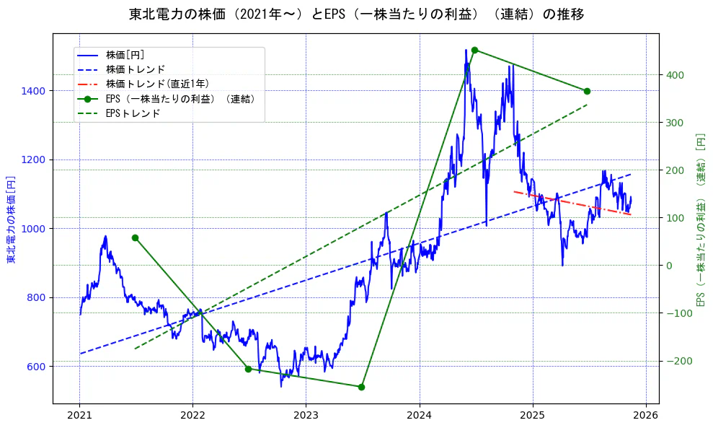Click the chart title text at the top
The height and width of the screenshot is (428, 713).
point(356,14)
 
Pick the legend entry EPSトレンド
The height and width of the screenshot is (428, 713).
point(133,113)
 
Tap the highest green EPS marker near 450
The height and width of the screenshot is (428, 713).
point(474,50)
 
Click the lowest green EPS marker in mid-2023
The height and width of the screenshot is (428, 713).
point(361,387)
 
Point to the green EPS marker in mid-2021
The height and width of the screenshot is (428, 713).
point(135,237)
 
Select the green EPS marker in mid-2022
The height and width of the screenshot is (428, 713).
point(248,369)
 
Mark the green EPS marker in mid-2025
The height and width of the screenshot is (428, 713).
point(587,91)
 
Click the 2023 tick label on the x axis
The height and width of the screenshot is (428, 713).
point(306,416)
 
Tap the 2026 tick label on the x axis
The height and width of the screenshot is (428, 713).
point(646,416)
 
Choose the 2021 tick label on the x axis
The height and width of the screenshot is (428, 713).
point(79,416)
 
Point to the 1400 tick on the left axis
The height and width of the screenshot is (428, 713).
point(35,91)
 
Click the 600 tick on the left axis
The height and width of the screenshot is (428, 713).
point(38,367)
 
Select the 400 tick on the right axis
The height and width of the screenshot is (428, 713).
point(675,75)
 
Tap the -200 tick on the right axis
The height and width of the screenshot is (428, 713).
point(677,362)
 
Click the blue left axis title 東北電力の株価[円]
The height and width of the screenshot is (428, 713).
point(12,219)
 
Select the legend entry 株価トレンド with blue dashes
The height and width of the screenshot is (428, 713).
point(136,69)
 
